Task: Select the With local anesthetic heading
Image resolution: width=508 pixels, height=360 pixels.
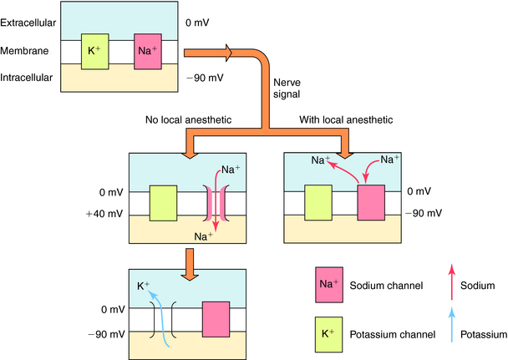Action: coord(345,120)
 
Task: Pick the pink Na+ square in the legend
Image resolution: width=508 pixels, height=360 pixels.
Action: coord(328,284)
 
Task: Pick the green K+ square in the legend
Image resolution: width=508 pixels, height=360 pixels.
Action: coord(328,332)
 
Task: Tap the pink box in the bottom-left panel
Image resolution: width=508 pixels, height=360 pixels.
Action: coord(216,319)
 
